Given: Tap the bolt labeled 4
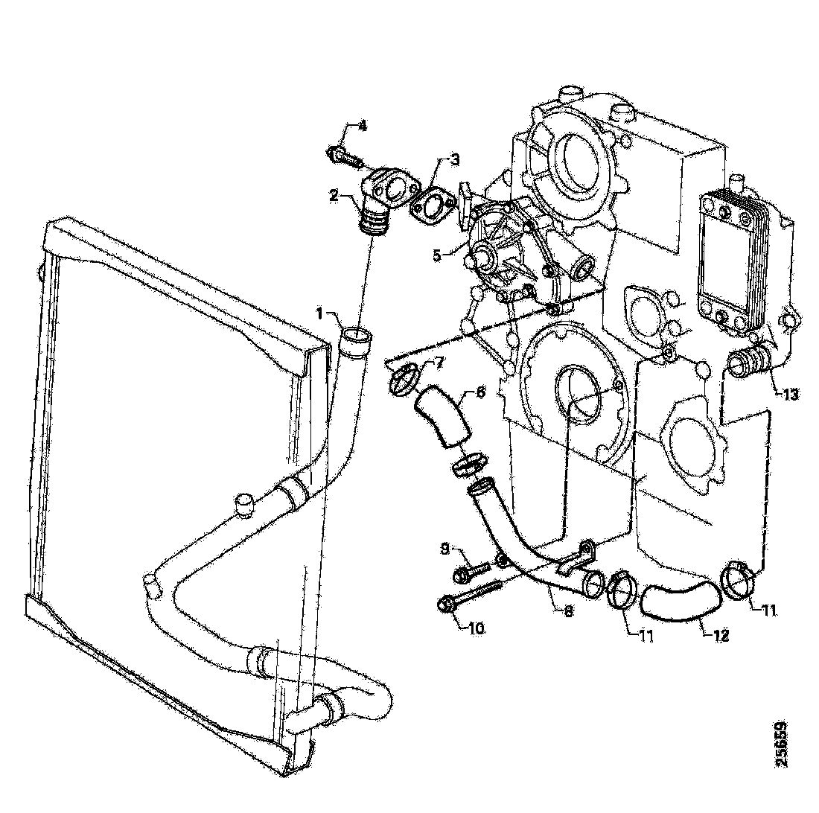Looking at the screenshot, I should click(343, 156).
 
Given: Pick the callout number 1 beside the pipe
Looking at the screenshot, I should click(319, 314).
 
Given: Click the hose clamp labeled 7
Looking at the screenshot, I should click(403, 380).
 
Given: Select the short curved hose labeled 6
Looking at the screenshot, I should click(441, 421).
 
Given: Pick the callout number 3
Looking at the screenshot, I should click(453, 159).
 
